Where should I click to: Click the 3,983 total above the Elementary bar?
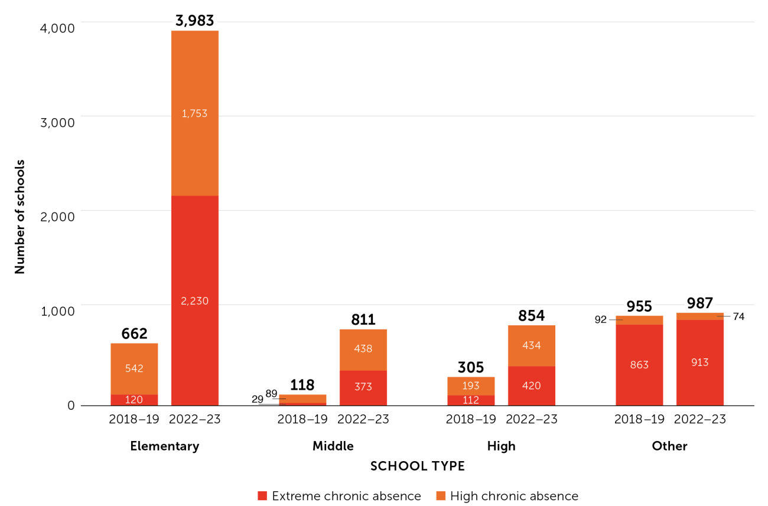[194, 21]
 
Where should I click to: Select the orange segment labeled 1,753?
[194, 113]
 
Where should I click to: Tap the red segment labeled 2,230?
[194, 301]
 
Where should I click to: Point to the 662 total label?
[134, 334]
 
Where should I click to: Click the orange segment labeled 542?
[134, 368]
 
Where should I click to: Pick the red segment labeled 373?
[363, 387]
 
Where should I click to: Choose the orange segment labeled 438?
[363, 350]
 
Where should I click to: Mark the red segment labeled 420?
[531, 386]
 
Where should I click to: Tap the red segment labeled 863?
[639, 365]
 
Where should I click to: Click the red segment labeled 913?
[699, 363]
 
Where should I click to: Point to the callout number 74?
[738, 316]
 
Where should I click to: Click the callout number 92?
[601, 319]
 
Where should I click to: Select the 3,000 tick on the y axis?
[58, 122]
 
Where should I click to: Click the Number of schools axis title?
[20, 216]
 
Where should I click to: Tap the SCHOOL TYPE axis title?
[417, 466]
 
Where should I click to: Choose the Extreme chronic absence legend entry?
[339, 496]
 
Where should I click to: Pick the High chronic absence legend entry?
[506, 496]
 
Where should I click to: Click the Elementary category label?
[164, 446]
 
